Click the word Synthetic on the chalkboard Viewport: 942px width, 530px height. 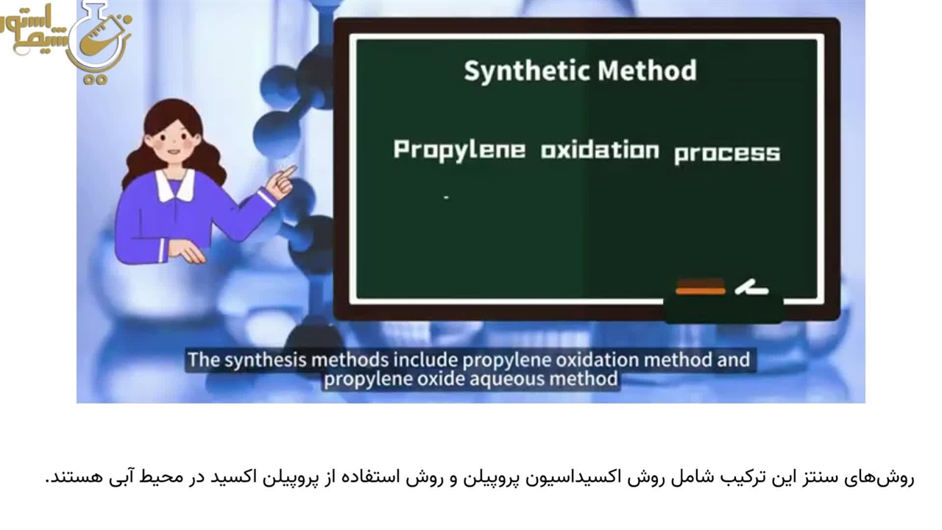(528, 71)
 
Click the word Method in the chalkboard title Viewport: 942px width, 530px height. (647, 70)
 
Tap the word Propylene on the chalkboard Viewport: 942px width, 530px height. (459, 150)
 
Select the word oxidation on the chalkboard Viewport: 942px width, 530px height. (600, 150)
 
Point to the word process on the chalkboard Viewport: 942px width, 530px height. (727, 154)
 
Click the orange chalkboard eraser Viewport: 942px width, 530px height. (701, 286)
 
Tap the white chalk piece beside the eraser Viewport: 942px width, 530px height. (751, 288)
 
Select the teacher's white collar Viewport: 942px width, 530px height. (175, 185)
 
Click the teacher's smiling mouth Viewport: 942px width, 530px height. (172, 152)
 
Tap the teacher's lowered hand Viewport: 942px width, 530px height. (187, 251)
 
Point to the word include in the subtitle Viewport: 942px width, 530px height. (425, 360)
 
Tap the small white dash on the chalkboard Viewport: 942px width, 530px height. (446, 197)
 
